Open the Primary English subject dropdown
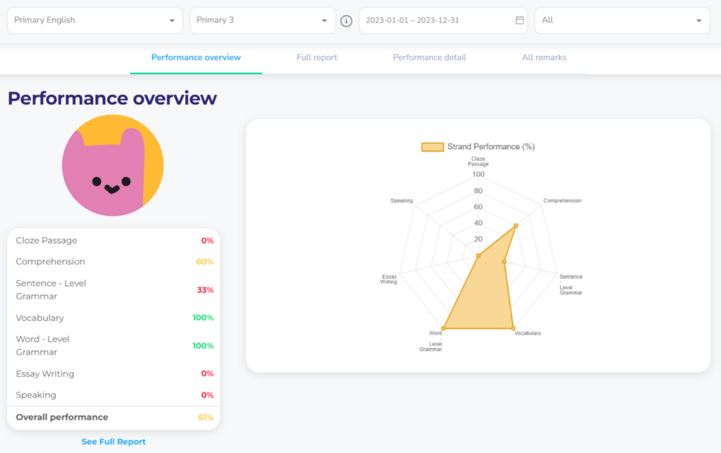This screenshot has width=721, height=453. pyautogui.click(x=95, y=20)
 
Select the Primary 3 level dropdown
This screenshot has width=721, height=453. pyautogui.click(x=262, y=20)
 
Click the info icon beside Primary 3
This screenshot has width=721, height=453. pyautogui.click(x=346, y=21)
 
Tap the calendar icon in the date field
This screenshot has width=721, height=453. pyautogui.click(x=520, y=20)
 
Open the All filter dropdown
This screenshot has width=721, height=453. pyautogui.click(x=622, y=20)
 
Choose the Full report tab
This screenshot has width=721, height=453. pyautogui.click(x=317, y=57)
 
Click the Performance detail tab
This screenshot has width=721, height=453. pyautogui.click(x=429, y=57)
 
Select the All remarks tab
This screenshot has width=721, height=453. pyautogui.click(x=544, y=57)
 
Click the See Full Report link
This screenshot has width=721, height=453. pyautogui.click(x=114, y=442)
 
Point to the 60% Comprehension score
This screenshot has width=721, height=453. pyautogui.click(x=205, y=262)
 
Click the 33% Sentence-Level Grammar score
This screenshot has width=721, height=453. pyautogui.click(x=205, y=290)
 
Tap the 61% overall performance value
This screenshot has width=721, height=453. pyautogui.click(x=206, y=417)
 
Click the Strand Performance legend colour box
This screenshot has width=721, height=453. pyautogui.click(x=432, y=147)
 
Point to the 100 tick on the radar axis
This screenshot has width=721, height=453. pyautogui.click(x=478, y=174)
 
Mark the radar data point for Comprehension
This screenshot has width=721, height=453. pyautogui.click(x=516, y=226)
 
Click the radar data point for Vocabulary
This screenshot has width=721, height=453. pyautogui.click(x=513, y=329)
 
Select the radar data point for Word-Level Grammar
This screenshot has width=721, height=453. pyautogui.click(x=443, y=329)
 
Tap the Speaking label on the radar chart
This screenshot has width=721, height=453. pyautogui.click(x=402, y=200)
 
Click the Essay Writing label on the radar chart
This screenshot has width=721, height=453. pyautogui.click(x=389, y=279)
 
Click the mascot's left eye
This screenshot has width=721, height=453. pyautogui.click(x=97, y=182)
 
